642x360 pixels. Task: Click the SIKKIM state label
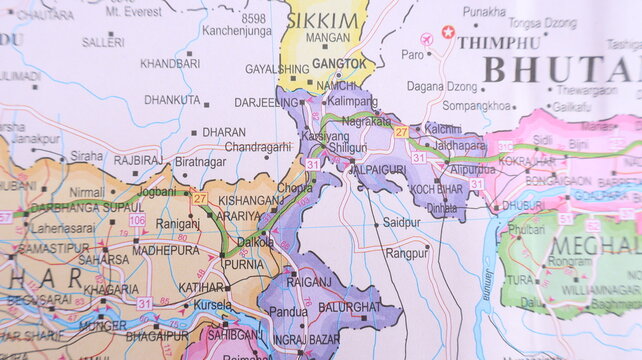click(323, 21)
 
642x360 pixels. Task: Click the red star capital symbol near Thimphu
click(448, 32)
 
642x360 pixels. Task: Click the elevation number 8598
click(254, 18)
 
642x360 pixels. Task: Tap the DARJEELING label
click(266, 102)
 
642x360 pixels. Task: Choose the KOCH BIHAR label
click(436, 189)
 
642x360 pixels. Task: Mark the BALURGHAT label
click(349, 306)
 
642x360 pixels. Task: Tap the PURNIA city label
click(244, 265)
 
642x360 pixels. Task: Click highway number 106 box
click(137, 219)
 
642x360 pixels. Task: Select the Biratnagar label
click(200, 160)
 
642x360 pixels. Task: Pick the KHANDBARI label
click(169, 63)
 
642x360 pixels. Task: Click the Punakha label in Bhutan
click(484, 11)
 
